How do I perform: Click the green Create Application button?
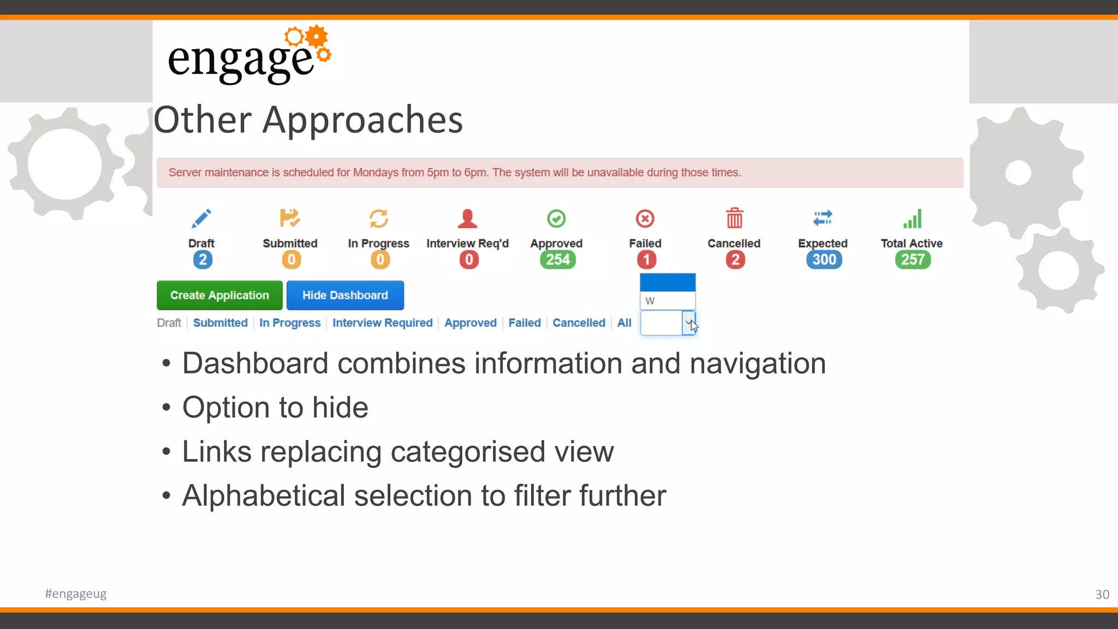pos(219,295)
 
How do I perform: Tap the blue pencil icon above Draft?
pos(201,219)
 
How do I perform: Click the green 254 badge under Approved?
pos(557,260)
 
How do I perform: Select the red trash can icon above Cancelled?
pos(734,218)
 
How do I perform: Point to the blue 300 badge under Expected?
pos(824,260)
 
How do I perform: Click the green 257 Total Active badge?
pos(913,260)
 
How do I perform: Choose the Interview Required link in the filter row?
pos(382,323)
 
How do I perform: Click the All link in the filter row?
pos(624,323)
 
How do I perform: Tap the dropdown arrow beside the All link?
pos(689,323)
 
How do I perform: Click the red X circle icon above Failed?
pos(645,219)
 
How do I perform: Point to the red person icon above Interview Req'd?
pos(467,219)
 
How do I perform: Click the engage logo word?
pos(241,60)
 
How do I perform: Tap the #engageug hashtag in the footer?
pos(76,594)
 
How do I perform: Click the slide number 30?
pos(1102,595)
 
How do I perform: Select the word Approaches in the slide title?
pos(362,120)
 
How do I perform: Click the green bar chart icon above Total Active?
pos(912,219)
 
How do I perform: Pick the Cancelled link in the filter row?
pos(579,323)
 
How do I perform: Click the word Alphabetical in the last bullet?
pos(264,496)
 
